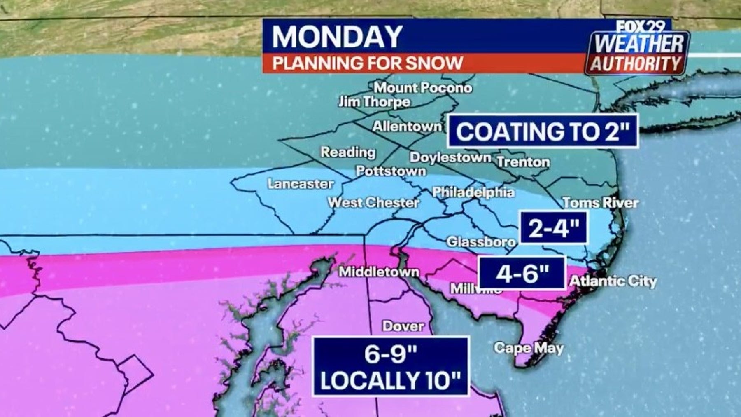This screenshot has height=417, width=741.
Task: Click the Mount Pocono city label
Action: coord(423,88)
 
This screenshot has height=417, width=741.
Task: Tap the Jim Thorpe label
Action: coord(374,102)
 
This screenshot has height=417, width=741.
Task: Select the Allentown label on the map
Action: coord(407,127)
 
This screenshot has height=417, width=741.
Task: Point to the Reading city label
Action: coord(348,152)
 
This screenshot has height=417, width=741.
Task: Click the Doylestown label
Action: coord(450,157)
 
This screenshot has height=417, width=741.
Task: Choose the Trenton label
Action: coord(523,162)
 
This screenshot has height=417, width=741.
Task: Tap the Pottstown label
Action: coord(391,171)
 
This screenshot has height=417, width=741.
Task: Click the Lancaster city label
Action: coord(301,184)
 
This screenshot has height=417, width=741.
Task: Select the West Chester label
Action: coord(373,203)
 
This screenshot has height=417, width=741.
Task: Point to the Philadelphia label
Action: coord(473,192)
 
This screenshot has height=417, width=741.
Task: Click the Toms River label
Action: coord(600,203)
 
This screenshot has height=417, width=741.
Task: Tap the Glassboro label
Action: coord(481,242)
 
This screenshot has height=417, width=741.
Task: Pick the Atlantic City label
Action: coord(613,281)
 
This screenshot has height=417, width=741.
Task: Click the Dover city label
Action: coord(403,326)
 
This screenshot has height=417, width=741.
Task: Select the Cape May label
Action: coord(529,349)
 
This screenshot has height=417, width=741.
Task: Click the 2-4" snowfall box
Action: coord(554,228)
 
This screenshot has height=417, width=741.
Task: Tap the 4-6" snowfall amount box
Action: coord(522,273)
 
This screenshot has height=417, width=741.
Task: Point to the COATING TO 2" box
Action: coord(543,131)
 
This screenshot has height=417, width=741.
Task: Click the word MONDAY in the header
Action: coord(337,37)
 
